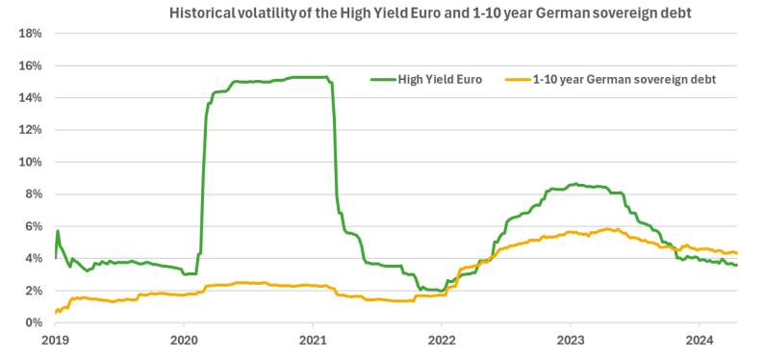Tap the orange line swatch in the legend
pyautogui.click(x=518, y=79)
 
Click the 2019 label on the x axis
pyautogui.click(x=56, y=340)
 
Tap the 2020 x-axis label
pyautogui.click(x=184, y=340)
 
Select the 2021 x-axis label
pyautogui.click(x=313, y=340)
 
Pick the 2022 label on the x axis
pyautogui.click(x=442, y=340)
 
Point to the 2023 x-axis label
pyautogui.click(x=570, y=340)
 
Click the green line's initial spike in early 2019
pyautogui.click(x=58, y=231)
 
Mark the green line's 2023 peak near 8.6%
pyautogui.click(x=574, y=184)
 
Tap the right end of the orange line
pyautogui.click(x=736, y=253)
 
